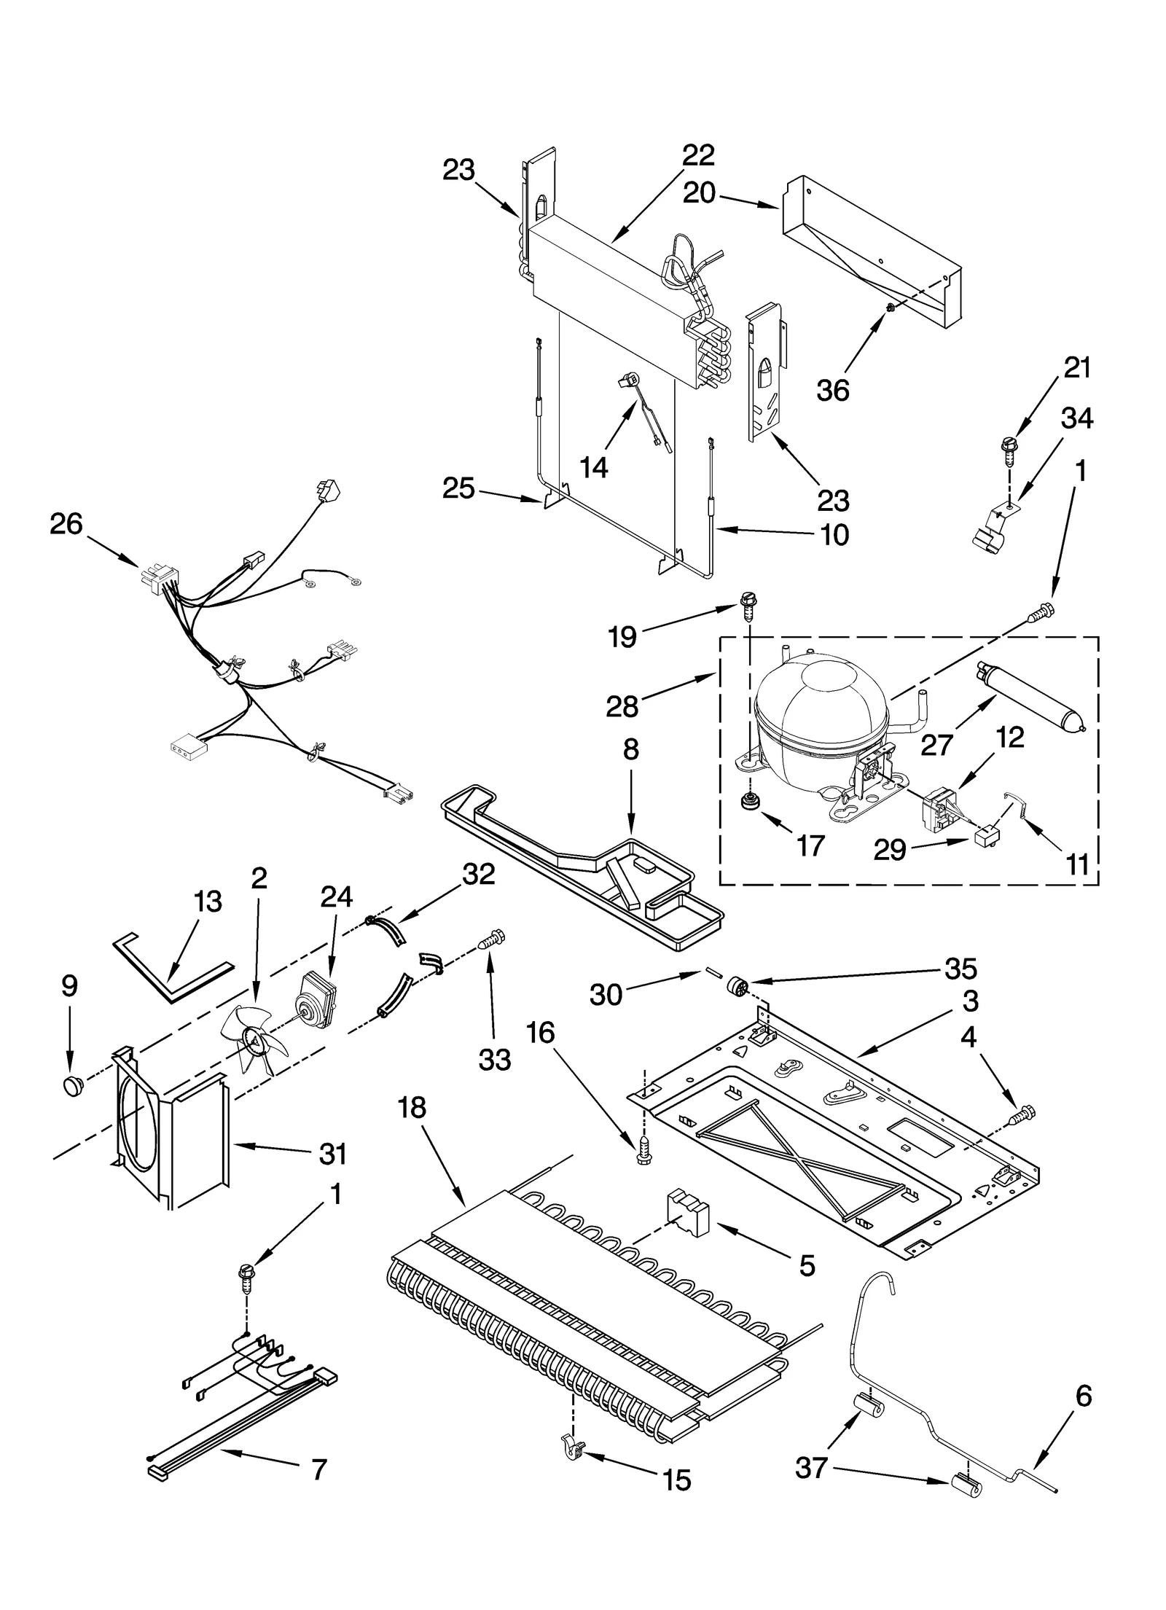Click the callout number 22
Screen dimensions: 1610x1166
[698, 155]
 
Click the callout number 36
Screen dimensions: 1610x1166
[832, 390]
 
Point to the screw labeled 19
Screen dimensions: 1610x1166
[746, 606]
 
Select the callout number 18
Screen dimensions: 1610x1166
[412, 1108]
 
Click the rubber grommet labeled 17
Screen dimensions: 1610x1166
[748, 802]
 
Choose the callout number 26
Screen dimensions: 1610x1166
[66, 524]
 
